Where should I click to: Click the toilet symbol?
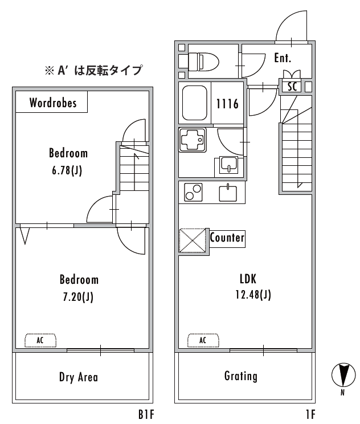click(x=203, y=62)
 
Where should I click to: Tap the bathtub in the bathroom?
click(x=195, y=103)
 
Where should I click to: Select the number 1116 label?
click(x=227, y=104)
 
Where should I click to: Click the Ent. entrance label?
click(x=283, y=58)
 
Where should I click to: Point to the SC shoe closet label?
click(x=292, y=87)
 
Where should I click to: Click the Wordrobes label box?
click(x=52, y=101)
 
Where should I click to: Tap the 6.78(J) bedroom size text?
click(x=67, y=170)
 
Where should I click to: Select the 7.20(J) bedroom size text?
click(x=78, y=297)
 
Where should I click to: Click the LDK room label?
click(x=248, y=279)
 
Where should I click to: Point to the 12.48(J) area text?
click(x=253, y=295)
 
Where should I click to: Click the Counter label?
click(x=227, y=238)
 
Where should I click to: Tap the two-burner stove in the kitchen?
click(x=193, y=192)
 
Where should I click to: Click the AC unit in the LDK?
click(x=203, y=340)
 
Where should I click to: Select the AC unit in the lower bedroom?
click(x=40, y=340)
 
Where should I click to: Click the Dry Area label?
click(x=79, y=377)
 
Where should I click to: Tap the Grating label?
click(x=241, y=376)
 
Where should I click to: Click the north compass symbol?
click(x=343, y=375)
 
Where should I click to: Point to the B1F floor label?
click(x=146, y=414)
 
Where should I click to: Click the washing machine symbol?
click(x=192, y=140)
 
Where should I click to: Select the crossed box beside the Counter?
click(x=192, y=240)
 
